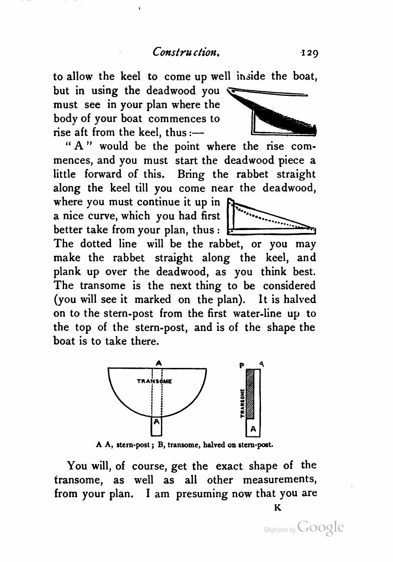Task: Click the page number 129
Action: [309, 53]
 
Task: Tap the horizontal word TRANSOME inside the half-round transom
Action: [154, 381]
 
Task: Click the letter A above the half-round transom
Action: [159, 363]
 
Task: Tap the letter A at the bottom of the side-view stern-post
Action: [253, 430]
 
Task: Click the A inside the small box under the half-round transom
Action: [157, 421]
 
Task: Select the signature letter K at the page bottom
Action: [278, 508]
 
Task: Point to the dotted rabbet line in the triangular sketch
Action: [270, 219]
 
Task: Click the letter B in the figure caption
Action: [160, 445]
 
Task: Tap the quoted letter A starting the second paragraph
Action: [78, 146]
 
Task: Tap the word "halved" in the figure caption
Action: [214, 445]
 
